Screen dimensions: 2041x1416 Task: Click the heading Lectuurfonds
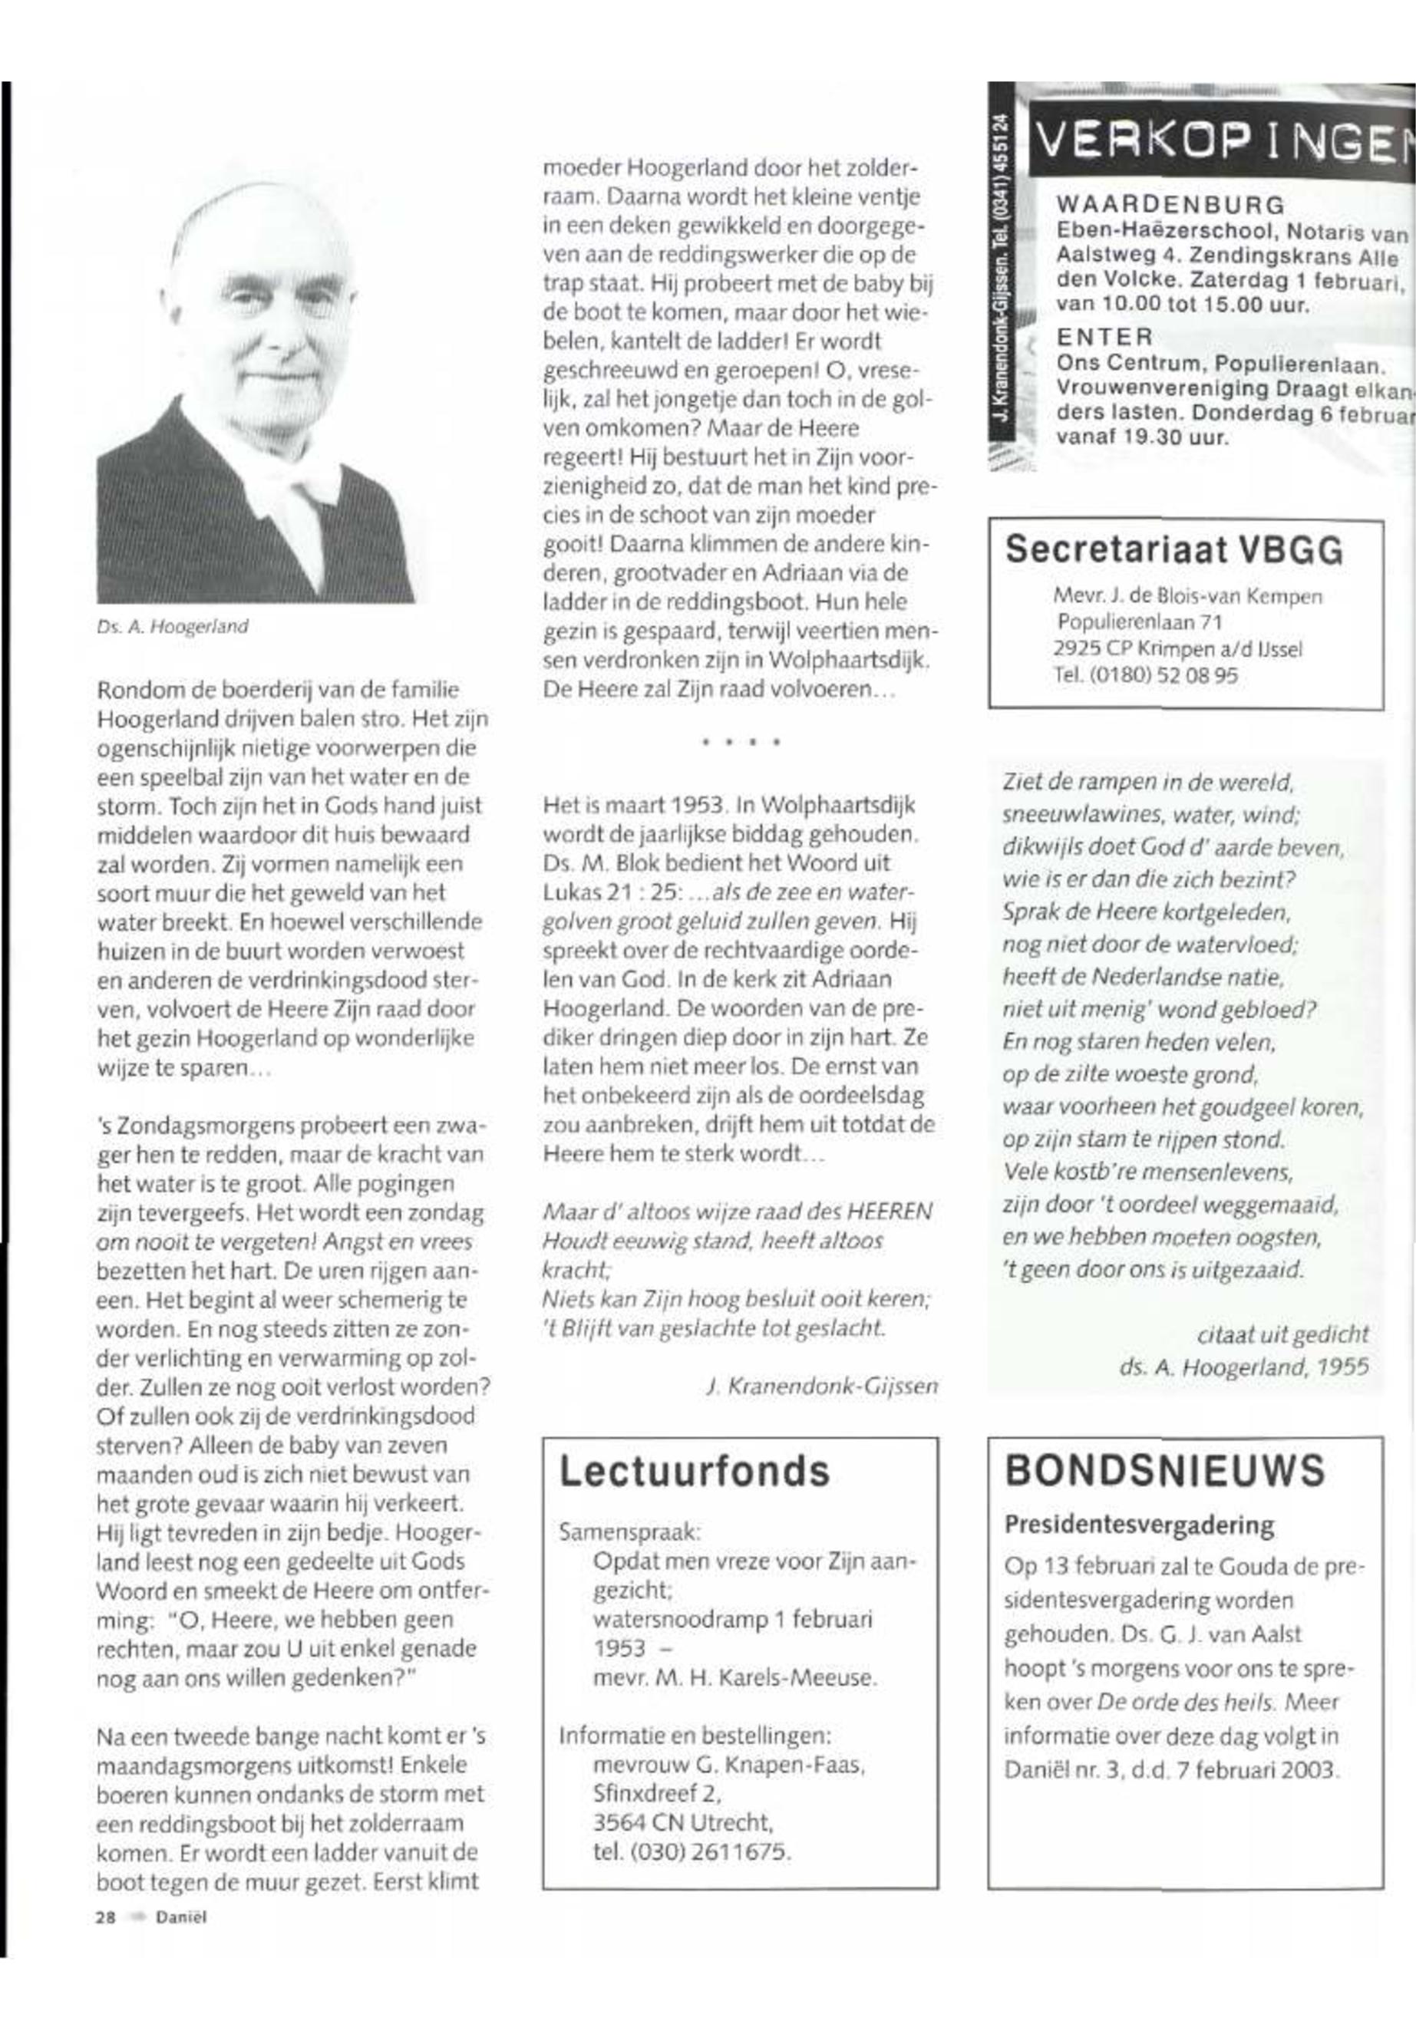(694, 1472)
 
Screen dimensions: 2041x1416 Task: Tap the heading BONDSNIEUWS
(1165, 1471)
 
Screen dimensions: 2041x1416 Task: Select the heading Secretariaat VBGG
(1173, 550)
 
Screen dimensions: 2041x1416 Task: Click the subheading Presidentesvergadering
(1138, 1525)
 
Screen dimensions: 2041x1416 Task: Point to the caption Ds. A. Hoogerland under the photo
(173, 626)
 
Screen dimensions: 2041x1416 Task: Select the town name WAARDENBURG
(1170, 205)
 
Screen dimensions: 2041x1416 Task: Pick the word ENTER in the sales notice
(1104, 337)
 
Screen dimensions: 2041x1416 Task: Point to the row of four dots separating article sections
(740, 741)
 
